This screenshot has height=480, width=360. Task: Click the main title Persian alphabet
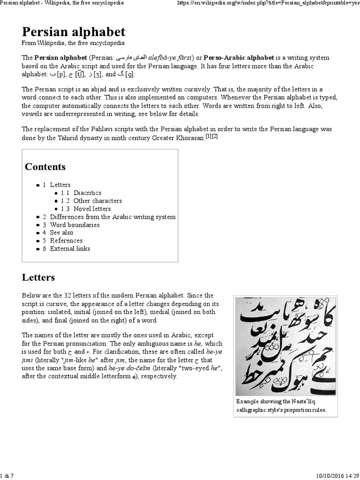click(74, 31)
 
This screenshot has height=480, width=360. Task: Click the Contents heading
click(45, 167)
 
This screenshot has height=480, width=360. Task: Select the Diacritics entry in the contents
click(87, 193)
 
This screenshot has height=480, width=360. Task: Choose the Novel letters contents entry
click(92, 209)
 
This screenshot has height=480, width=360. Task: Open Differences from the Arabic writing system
click(112, 217)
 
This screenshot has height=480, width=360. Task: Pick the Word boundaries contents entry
click(75, 225)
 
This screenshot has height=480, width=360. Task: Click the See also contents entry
click(61, 232)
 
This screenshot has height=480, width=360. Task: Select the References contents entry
click(66, 240)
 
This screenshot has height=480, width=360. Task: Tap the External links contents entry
click(70, 248)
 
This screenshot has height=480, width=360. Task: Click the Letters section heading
click(38, 277)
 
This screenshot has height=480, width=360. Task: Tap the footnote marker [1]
click(209, 136)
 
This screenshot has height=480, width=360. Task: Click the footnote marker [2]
click(215, 136)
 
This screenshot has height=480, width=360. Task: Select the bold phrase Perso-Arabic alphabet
click(238, 58)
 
